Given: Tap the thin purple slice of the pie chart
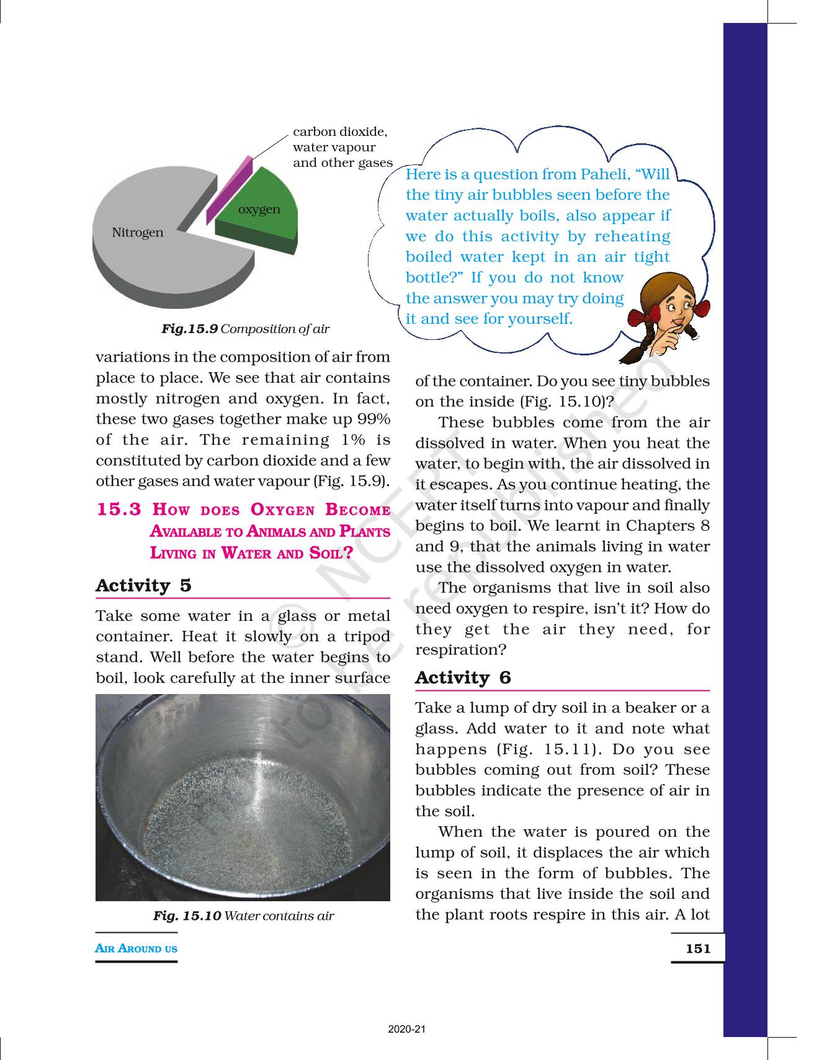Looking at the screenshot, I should point(230,189).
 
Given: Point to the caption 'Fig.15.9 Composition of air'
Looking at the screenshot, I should point(245,329).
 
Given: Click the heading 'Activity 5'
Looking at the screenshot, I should point(143,586).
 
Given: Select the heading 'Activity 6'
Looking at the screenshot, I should point(463,677).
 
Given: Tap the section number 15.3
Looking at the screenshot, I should point(120,510).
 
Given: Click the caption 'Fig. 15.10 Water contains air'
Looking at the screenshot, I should point(243,915).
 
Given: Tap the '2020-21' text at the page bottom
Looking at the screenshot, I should point(407,1029).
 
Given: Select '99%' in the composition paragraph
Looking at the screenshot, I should point(374,419).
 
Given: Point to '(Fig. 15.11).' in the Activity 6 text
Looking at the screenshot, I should point(548,749).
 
